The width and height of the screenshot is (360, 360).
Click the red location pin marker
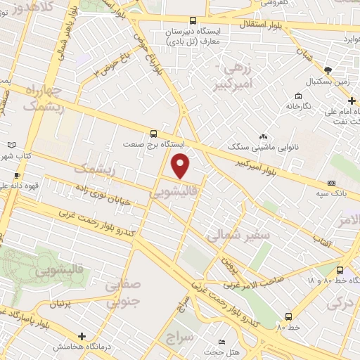181,166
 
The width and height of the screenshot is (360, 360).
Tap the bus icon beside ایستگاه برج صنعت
154,133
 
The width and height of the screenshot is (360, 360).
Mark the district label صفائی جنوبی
123,294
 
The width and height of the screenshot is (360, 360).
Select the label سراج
179,337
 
